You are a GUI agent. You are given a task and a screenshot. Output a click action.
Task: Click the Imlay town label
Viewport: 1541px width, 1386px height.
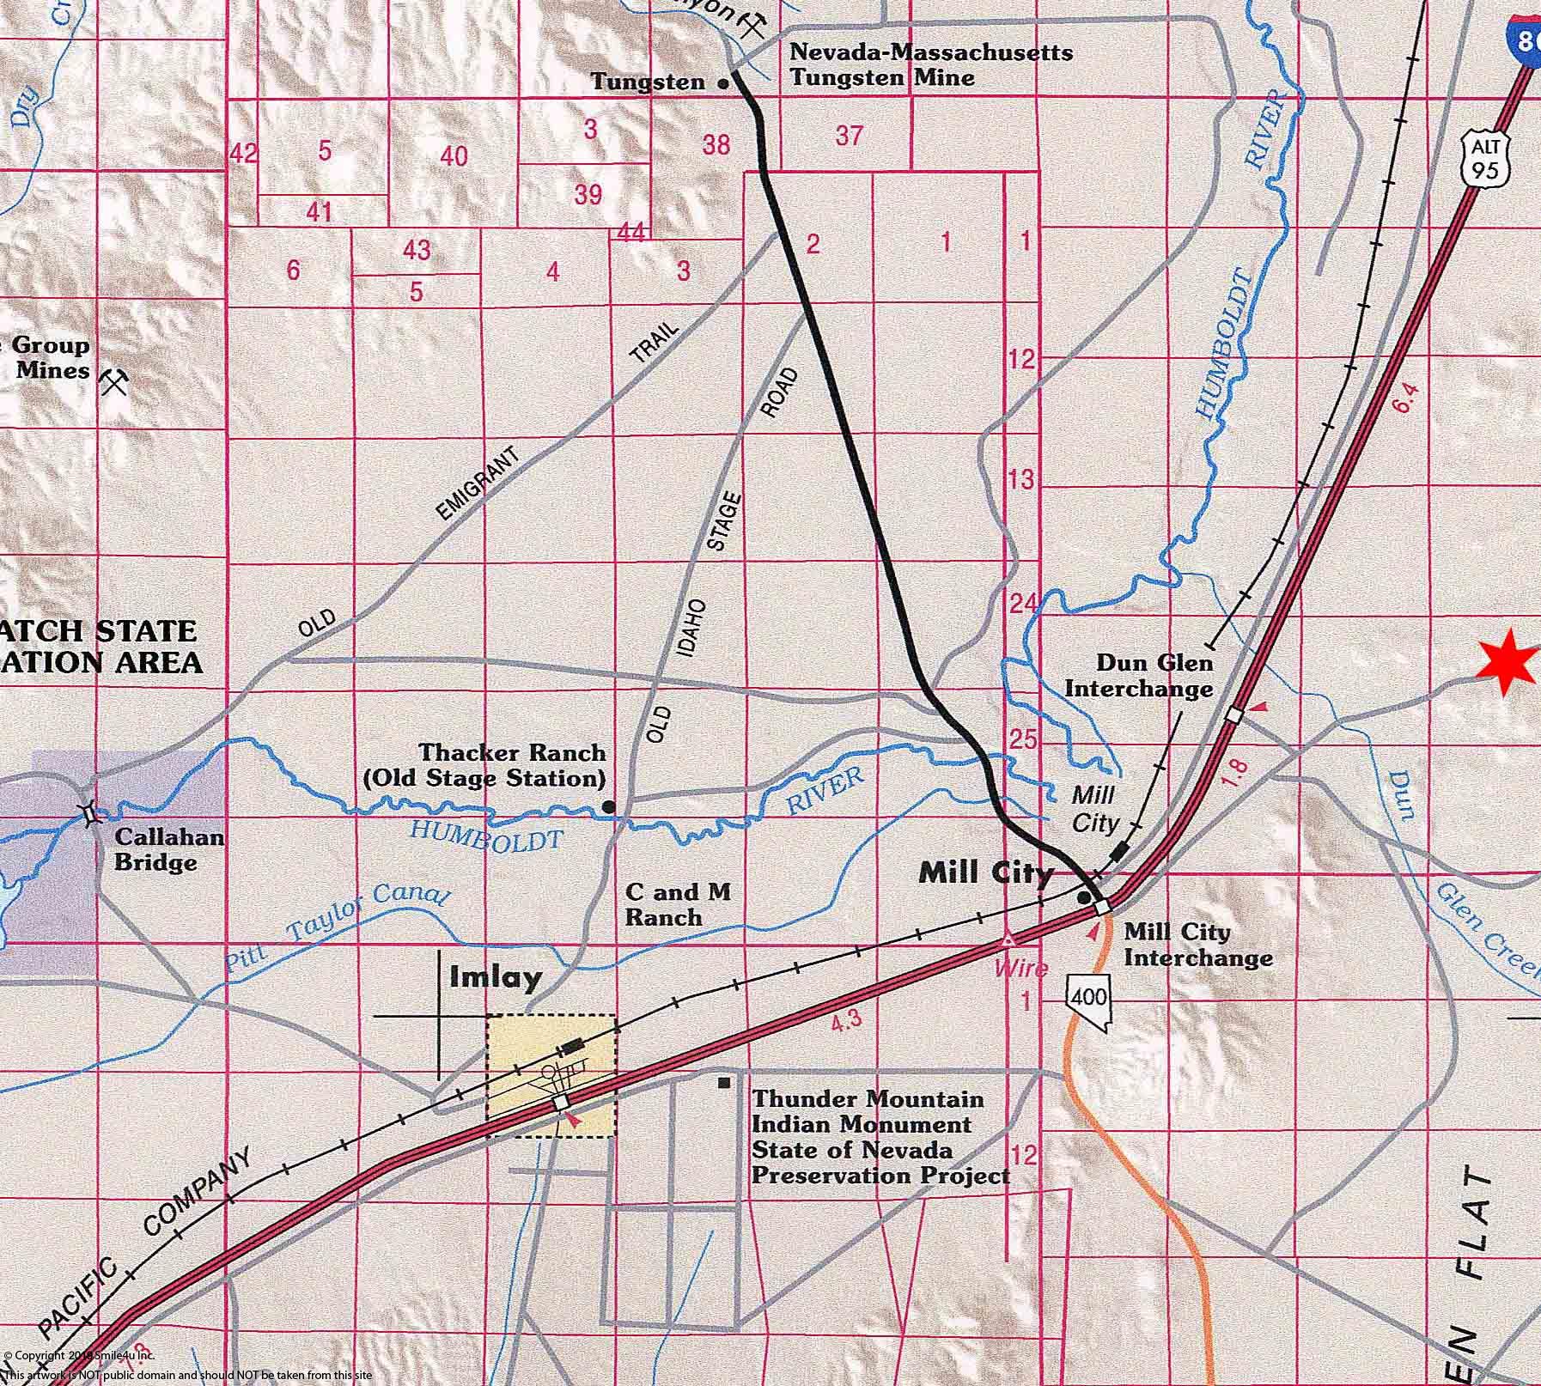496,977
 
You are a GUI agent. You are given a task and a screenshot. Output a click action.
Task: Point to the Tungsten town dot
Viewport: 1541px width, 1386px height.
723,84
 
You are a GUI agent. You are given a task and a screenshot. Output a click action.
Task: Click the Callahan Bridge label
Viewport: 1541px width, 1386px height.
168,849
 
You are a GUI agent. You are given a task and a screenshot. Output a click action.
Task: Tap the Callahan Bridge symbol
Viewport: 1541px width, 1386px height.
88,812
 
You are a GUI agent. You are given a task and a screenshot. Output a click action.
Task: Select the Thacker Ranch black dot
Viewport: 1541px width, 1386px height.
608,806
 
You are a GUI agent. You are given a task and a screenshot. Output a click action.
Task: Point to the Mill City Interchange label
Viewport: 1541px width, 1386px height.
1197,945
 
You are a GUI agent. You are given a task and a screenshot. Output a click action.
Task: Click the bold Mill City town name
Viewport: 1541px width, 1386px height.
985,873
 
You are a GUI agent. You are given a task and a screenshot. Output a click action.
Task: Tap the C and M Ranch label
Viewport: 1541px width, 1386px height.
678,904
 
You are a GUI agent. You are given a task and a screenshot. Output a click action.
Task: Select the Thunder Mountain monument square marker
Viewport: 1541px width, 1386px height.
724,1083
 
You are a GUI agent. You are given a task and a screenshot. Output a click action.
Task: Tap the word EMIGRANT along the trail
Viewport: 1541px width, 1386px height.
478,484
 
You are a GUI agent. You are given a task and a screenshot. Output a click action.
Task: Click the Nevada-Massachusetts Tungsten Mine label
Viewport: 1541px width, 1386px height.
930,64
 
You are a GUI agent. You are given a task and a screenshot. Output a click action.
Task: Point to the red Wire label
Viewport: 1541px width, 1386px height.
1020,969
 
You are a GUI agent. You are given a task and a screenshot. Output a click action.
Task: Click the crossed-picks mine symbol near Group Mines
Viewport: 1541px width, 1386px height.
113,381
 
